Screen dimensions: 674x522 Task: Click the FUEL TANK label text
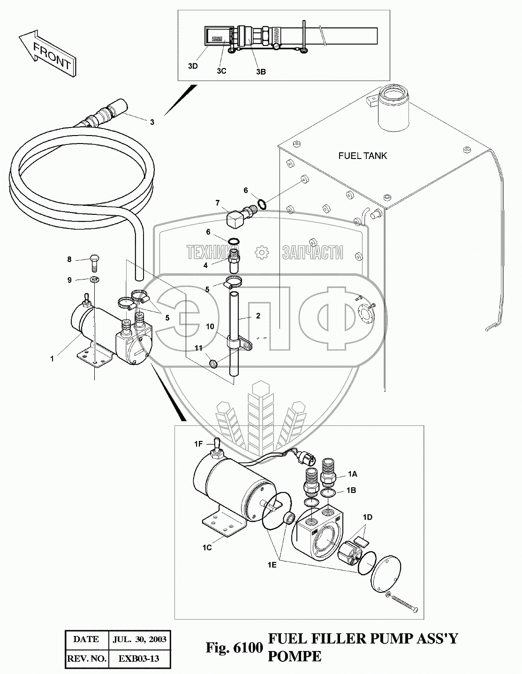click(x=363, y=156)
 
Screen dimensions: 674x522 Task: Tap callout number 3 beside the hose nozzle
click(x=152, y=122)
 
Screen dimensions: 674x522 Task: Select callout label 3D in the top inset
click(x=193, y=66)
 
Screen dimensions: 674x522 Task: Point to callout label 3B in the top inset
click(x=261, y=71)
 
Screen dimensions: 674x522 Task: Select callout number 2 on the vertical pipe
click(x=257, y=316)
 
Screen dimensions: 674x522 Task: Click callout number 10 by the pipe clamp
click(x=210, y=326)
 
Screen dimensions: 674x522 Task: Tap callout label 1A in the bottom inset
click(x=352, y=474)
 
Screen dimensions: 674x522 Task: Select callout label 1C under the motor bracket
click(x=207, y=547)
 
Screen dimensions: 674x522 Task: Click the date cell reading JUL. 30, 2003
click(x=139, y=639)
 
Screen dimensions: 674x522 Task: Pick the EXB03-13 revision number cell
click(x=139, y=658)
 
